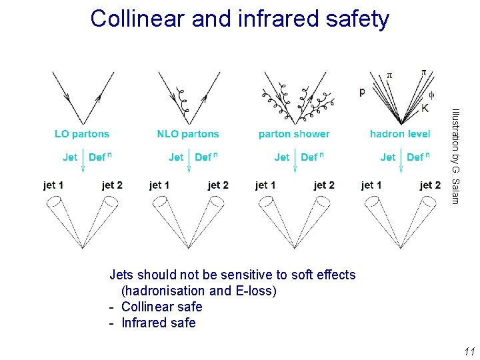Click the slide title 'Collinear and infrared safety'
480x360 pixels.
[x=239, y=19]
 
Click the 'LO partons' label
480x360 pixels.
[x=82, y=134]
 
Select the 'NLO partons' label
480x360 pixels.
[x=188, y=134]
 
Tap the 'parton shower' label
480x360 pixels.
[x=294, y=134]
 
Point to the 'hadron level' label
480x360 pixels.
[x=400, y=134]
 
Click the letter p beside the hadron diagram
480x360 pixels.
[x=362, y=92]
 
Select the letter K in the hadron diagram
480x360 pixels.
[x=425, y=108]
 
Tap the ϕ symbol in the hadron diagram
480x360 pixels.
[x=431, y=94]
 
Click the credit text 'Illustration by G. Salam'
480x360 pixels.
[x=455, y=156]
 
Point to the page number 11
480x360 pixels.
[x=468, y=351]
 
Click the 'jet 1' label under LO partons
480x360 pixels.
[x=53, y=185]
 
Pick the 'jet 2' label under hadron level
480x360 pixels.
[x=429, y=185]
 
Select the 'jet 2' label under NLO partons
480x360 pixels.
[x=218, y=185]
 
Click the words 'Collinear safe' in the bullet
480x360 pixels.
[x=161, y=307]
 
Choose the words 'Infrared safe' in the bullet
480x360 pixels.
[x=158, y=323]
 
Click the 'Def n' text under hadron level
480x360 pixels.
[x=417, y=157]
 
